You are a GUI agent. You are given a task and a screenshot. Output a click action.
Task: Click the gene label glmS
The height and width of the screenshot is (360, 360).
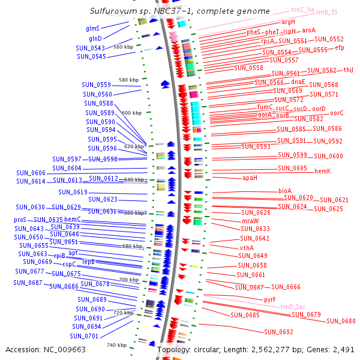tap(92, 28)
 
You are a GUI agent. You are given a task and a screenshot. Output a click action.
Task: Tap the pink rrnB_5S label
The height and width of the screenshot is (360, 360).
tap(326, 12)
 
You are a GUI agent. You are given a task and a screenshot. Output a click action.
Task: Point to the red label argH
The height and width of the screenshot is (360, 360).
tap(288, 22)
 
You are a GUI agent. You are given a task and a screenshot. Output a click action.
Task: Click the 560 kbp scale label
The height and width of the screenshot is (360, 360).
tap(123, 47)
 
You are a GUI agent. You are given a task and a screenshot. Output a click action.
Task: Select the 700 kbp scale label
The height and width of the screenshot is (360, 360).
tap(128, 280)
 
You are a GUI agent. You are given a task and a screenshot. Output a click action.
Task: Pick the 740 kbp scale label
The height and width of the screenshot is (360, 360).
tap(116, 345)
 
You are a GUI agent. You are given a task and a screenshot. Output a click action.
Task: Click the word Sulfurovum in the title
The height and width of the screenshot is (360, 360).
tap(111, 11)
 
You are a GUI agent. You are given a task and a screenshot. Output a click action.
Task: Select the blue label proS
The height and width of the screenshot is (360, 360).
tap(20, 220)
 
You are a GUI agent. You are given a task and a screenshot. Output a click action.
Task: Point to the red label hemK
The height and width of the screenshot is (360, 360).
tap(323, 171)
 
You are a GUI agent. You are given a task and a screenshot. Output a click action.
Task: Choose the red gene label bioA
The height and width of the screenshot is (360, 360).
tap(285, 191)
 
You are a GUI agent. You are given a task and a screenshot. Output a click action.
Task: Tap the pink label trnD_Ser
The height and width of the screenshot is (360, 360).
tap(293, 307)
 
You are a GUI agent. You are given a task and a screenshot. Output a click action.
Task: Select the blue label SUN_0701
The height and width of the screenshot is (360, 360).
tap(84, 336)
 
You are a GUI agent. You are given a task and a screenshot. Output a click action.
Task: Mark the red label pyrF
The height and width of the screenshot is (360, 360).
tap(270, 299)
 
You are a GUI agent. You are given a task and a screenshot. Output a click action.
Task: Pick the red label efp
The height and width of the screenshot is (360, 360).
tap(340, 47)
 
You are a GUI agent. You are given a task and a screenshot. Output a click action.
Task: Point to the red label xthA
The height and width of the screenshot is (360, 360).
tap(247, 248)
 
